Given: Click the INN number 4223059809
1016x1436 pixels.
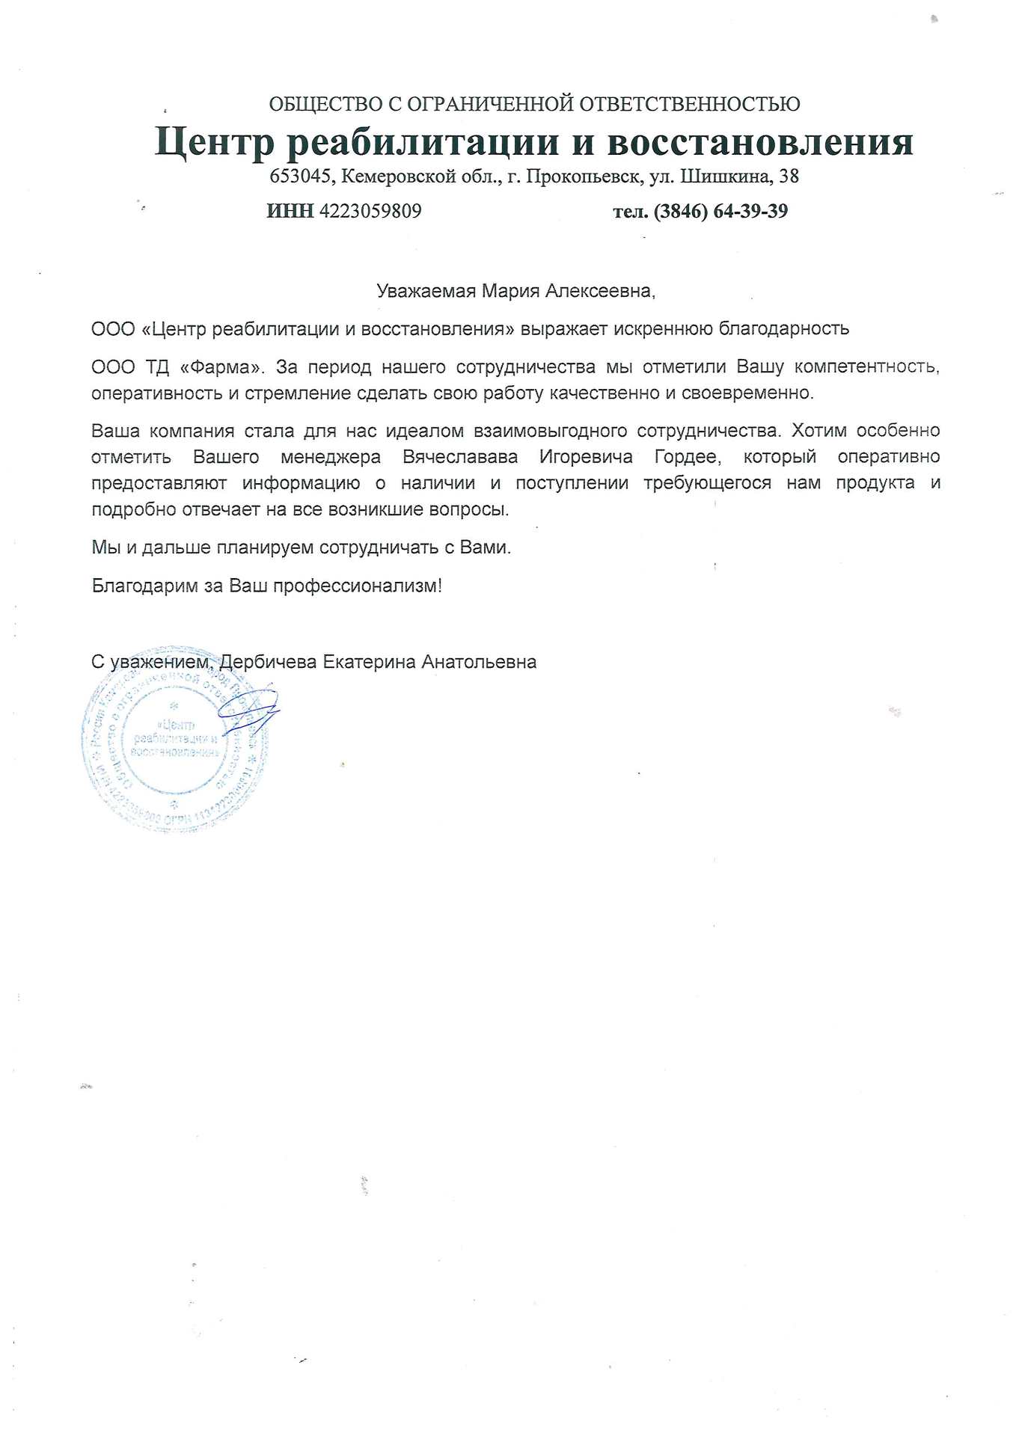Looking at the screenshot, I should point(370,212).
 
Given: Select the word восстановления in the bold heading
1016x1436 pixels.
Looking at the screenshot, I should point(760,142).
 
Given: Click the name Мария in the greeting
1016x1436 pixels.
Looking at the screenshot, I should point(510,291).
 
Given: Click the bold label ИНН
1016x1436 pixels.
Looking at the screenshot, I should point(290,212).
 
